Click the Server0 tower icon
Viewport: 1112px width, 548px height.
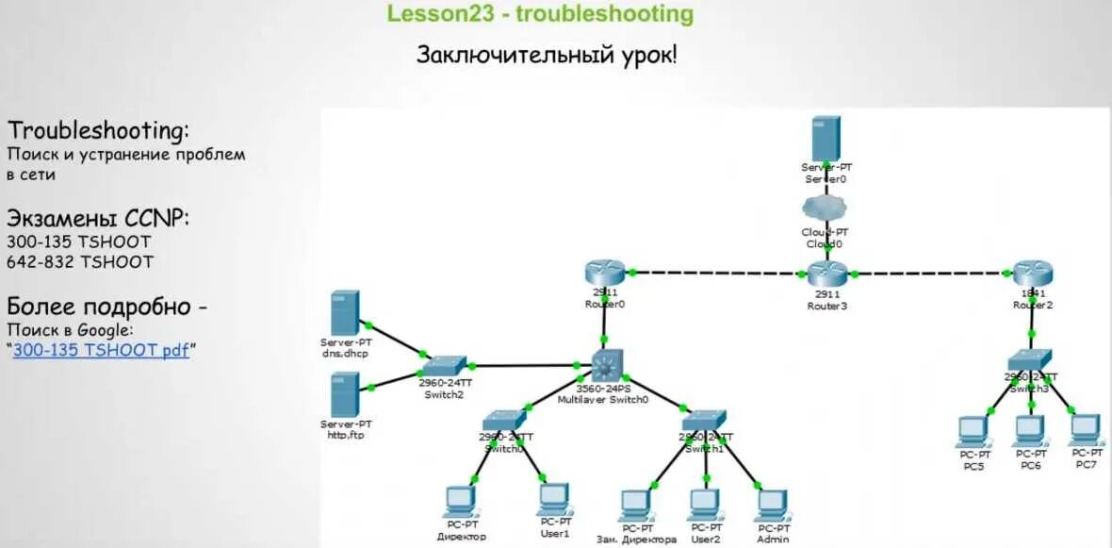pos(826,138)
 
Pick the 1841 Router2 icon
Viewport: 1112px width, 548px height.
pos(1032,274)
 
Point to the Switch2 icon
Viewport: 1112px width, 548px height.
pos(443,366)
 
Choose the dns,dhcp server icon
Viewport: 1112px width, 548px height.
pos(345,312)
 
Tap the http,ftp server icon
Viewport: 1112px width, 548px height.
pos(345,394)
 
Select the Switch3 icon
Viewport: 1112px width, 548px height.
pos(1028,359)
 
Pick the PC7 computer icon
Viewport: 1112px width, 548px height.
pos(1085,429)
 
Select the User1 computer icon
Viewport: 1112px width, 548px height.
pos(554,498)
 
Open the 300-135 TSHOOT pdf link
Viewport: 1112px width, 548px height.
pos(101,349)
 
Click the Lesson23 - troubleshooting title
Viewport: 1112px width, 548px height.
pos(540,14)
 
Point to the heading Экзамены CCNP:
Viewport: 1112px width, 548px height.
pos(98,219)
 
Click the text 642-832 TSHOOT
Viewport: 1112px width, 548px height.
pos(79,261)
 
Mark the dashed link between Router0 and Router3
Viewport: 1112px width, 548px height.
pos(716,273)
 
